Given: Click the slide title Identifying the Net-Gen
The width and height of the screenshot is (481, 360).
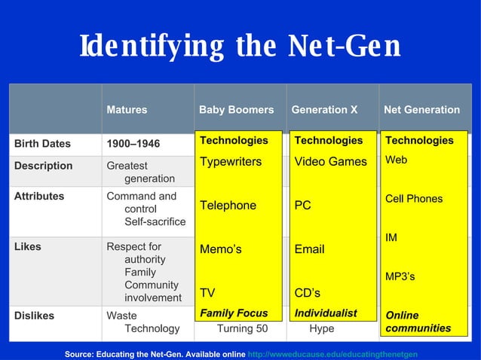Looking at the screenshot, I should [x=240, y=47].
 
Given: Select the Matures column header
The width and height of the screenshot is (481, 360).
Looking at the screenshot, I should [x=127, y=110].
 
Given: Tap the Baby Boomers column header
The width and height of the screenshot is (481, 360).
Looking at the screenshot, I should [x=236, y=110].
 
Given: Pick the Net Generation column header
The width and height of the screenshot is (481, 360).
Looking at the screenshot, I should [x=421, y=110].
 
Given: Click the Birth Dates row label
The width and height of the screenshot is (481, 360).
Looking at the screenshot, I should [x=42, y=144].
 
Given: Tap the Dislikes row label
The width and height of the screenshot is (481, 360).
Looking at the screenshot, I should [x=35, y=316].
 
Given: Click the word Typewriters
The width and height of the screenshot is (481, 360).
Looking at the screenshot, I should [x=231, y=162].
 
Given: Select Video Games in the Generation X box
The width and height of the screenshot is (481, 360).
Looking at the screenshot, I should [x=330, y=162].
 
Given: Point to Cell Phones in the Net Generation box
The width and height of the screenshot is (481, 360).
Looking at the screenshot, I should [x=414, y=199].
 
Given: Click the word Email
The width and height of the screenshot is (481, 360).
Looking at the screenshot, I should [x=309, y=249].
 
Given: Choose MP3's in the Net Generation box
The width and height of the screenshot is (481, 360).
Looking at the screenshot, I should [x=400, y=276].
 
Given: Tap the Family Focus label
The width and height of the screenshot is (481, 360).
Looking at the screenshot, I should [x=234, y=313].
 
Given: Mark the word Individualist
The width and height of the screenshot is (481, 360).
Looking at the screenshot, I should [x=326, y=313].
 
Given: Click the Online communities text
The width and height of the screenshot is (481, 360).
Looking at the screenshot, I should [x=418, y=322].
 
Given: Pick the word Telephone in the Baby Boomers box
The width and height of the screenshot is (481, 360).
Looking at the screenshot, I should [x=228, y=206].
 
